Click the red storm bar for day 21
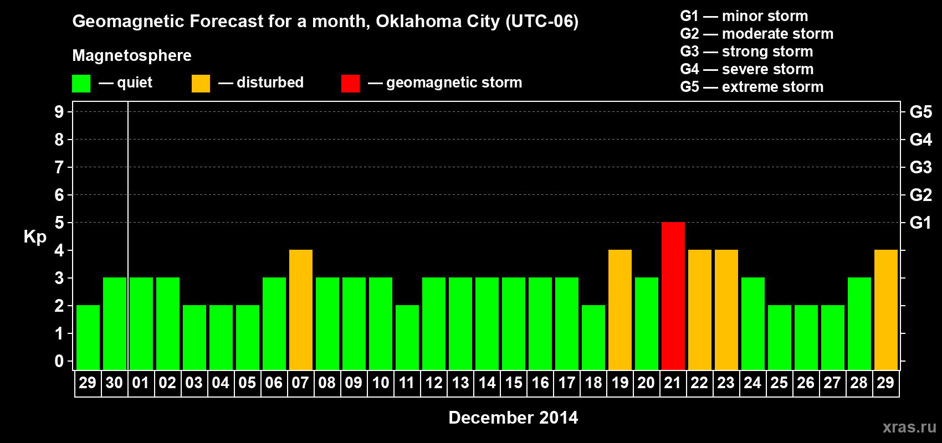point(673,296)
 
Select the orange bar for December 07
point(301,310)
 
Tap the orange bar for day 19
point(620,310)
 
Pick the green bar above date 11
point(407,337)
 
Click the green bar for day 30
point(115,323)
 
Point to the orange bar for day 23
point(726,310)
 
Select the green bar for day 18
point(593,337)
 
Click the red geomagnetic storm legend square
point(350,84)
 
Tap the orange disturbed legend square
point(201,84)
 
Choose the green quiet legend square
point(81,84)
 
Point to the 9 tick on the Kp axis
point(59,112)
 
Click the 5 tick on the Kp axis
point(59,223)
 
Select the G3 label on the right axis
point(920,167)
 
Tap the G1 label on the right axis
point(920,223)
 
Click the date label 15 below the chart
point(514,383)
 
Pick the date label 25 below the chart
point(779,383)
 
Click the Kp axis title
point(35,237)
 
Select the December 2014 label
point(513,418)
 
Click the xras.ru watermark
point(909,427)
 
